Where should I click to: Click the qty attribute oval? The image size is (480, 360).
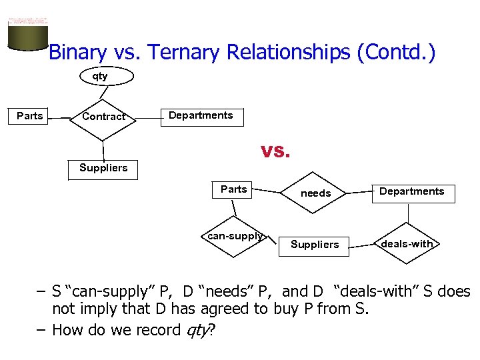point(100,77)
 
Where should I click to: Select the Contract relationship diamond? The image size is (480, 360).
point(103,117)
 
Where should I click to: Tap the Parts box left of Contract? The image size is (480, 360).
point(29,116)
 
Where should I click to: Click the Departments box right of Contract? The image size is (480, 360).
point(201,116)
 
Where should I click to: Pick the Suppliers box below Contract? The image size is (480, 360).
point(103,169)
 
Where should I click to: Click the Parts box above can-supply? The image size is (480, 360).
point(233,190)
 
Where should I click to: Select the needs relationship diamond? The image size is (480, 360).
point(315,193)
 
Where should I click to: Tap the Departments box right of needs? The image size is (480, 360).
point(411,192)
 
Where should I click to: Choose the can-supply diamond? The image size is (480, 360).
point(235,236)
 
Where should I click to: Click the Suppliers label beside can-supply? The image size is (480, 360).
point(315,245)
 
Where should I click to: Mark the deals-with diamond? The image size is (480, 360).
point(407,244)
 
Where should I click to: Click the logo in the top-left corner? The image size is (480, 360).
point(27,32)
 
